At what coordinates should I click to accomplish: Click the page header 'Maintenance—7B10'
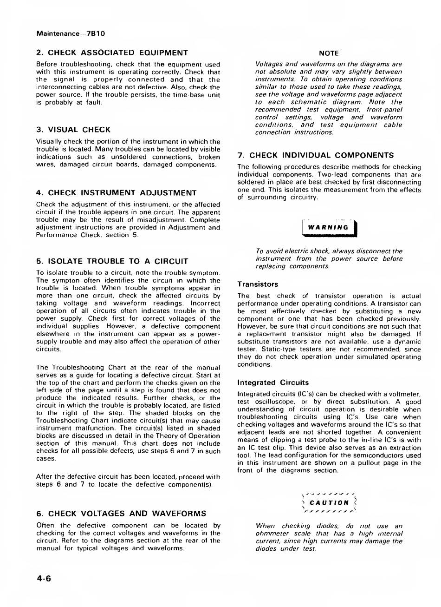point(71,33)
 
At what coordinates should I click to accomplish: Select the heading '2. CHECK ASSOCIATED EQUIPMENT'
point(112,53)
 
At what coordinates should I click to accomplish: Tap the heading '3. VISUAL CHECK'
point(73,130)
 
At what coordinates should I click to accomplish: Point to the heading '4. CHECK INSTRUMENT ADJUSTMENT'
point(116,193)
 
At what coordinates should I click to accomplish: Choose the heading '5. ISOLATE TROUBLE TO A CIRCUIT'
point(112,261)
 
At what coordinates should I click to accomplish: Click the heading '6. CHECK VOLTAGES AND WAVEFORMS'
point(121,514)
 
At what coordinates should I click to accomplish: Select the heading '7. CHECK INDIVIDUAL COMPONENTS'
point(315,155)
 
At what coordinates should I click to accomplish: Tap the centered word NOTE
point(329,53)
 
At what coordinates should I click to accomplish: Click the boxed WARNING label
point(328,227)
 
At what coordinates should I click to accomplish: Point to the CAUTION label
point(329,502)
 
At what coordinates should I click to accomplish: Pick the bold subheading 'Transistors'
point(258,284)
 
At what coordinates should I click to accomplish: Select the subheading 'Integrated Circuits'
point(272,383)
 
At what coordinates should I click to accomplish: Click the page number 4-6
point(44,579)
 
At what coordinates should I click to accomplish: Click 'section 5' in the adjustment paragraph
point(125,235)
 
